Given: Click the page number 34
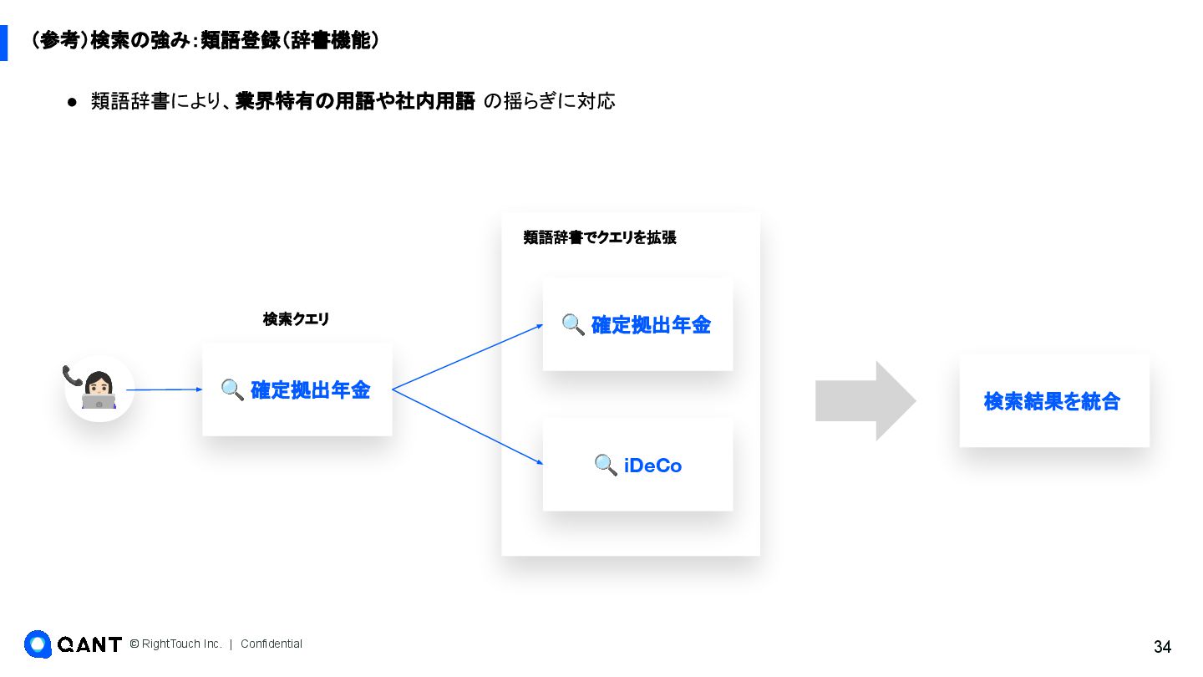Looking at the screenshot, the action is tap(1162, 647).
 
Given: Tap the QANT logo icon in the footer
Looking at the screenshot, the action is tap(38, 644).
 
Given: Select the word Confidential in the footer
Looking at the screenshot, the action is tap(272, 644).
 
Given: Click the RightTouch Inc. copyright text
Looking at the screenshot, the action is tap(176, 644).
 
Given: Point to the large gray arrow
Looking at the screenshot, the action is tap(865, 401).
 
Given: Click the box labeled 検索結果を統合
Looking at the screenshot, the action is tap(1054, 401).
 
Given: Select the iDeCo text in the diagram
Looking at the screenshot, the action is tap(652, 466).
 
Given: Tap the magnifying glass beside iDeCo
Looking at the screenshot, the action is tap(606, 465).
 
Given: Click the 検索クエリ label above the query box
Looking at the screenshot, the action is tap(297, 318).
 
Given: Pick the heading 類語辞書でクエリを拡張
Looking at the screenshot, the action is tap(600, 237).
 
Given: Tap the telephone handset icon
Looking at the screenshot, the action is tap(72, 375).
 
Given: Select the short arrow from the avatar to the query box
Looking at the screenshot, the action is tap(164, 389).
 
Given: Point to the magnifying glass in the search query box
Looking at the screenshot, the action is tap(232, 389).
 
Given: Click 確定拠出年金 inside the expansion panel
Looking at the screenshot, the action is tap(651, 325).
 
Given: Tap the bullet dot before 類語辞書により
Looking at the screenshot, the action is tap(72, 102).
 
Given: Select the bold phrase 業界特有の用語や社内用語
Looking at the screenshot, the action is tap(355, 101).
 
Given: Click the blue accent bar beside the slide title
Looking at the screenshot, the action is tap(3, 43).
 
